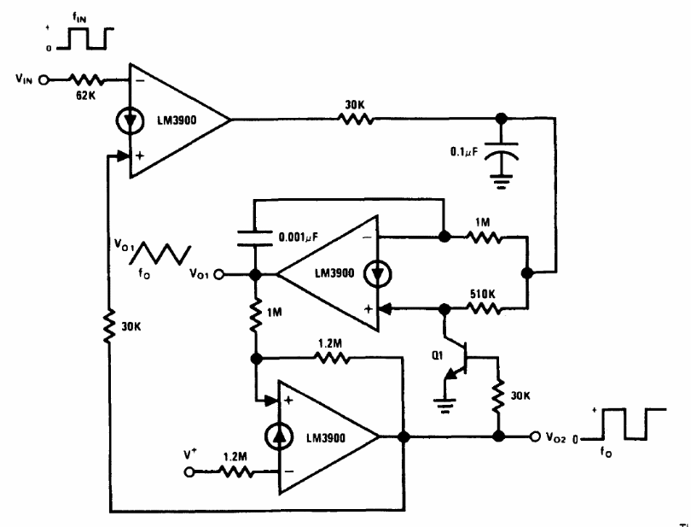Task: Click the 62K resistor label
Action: pos(86,95)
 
